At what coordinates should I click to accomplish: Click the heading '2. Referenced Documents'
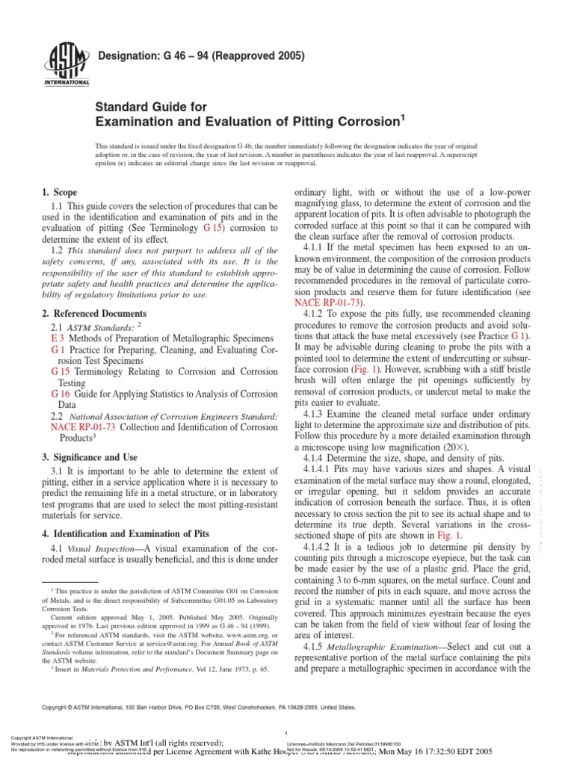click(93, 314)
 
